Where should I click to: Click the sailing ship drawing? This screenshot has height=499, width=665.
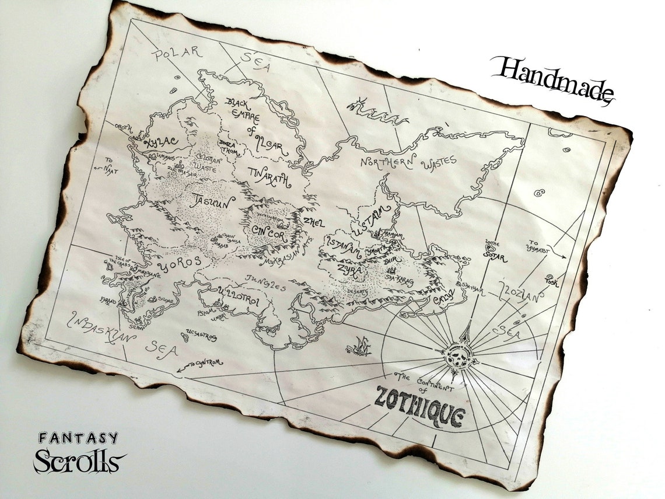[x=359, y=346]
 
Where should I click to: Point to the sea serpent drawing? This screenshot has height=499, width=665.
[x=377, y=112]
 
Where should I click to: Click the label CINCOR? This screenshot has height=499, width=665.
[x=269, y=230]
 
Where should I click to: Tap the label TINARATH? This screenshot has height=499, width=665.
[x=269, y=176]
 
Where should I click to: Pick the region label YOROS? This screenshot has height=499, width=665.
[x=181, y=264]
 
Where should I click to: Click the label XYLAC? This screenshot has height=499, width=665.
[x=148, y=143]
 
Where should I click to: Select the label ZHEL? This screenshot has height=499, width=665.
[x=313, y=222]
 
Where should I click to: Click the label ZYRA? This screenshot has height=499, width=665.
[x=349, y=270]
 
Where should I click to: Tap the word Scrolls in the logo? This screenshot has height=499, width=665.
[x=79, y=460]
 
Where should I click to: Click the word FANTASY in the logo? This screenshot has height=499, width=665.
[x=78, y=438]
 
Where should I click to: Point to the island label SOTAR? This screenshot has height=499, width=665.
[x=495, y=255]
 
